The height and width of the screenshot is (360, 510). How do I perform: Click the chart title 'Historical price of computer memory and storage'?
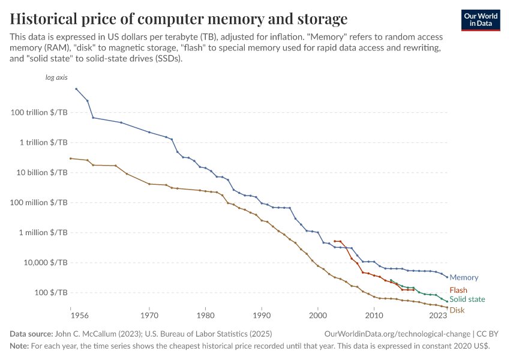(x=178, y=17)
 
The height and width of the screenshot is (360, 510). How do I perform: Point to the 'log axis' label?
(x=56, y=77)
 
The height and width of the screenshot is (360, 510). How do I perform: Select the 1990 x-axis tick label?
(x=262, y=314)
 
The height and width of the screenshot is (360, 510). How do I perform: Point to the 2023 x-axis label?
(x=438, y=314)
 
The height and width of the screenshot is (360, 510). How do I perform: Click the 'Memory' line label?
(x=464, y=278)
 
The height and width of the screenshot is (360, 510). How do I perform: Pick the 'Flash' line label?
(x=458, y=290)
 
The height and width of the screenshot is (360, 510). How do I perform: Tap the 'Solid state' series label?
(x=467, y=299)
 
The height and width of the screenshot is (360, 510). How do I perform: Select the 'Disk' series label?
(x=457, y=310)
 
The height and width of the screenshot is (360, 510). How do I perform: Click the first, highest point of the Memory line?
(x=76, y=89)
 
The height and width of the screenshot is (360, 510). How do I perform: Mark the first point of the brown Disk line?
(x=71, y=158)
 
